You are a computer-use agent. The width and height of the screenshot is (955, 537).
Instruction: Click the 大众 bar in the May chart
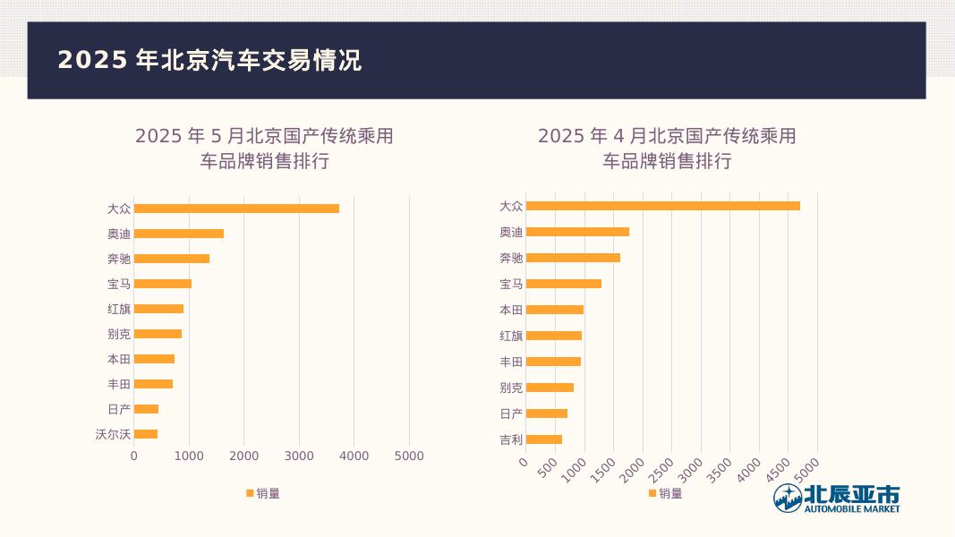coord(236,209)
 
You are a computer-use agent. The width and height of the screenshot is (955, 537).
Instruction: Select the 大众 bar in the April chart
coord(662,206)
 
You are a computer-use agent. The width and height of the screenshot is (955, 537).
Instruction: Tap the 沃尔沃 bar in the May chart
coord(146,434)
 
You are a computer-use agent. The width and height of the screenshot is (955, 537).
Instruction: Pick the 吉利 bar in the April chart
coord(544,439)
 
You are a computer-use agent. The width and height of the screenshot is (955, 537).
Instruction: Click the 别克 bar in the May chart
coord(158,334)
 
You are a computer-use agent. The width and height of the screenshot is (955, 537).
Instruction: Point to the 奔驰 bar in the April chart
coord(573,258)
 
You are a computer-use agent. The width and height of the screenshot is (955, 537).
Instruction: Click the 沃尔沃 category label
coord(113,434)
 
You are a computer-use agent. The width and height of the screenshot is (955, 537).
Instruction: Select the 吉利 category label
coord(511,439)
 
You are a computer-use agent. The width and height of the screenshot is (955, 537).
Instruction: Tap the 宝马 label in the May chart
coord(119,284)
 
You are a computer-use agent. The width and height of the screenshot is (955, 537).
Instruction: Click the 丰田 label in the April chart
coord(511,362)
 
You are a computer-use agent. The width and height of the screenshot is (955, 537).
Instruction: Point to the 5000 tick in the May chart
coord(409,456)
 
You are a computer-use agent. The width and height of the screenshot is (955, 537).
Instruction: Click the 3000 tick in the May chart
coord(299,456)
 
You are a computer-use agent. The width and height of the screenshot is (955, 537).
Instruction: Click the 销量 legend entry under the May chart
coord(263,493)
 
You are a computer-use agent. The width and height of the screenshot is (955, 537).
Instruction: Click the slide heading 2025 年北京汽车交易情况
coord(209,60)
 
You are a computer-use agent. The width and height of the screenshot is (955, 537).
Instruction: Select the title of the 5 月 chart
coord(264,149)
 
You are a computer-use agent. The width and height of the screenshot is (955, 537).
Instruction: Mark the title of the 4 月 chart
coord(667,149)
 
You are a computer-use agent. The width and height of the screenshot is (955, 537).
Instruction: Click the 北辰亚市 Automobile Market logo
coord(837,499)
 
